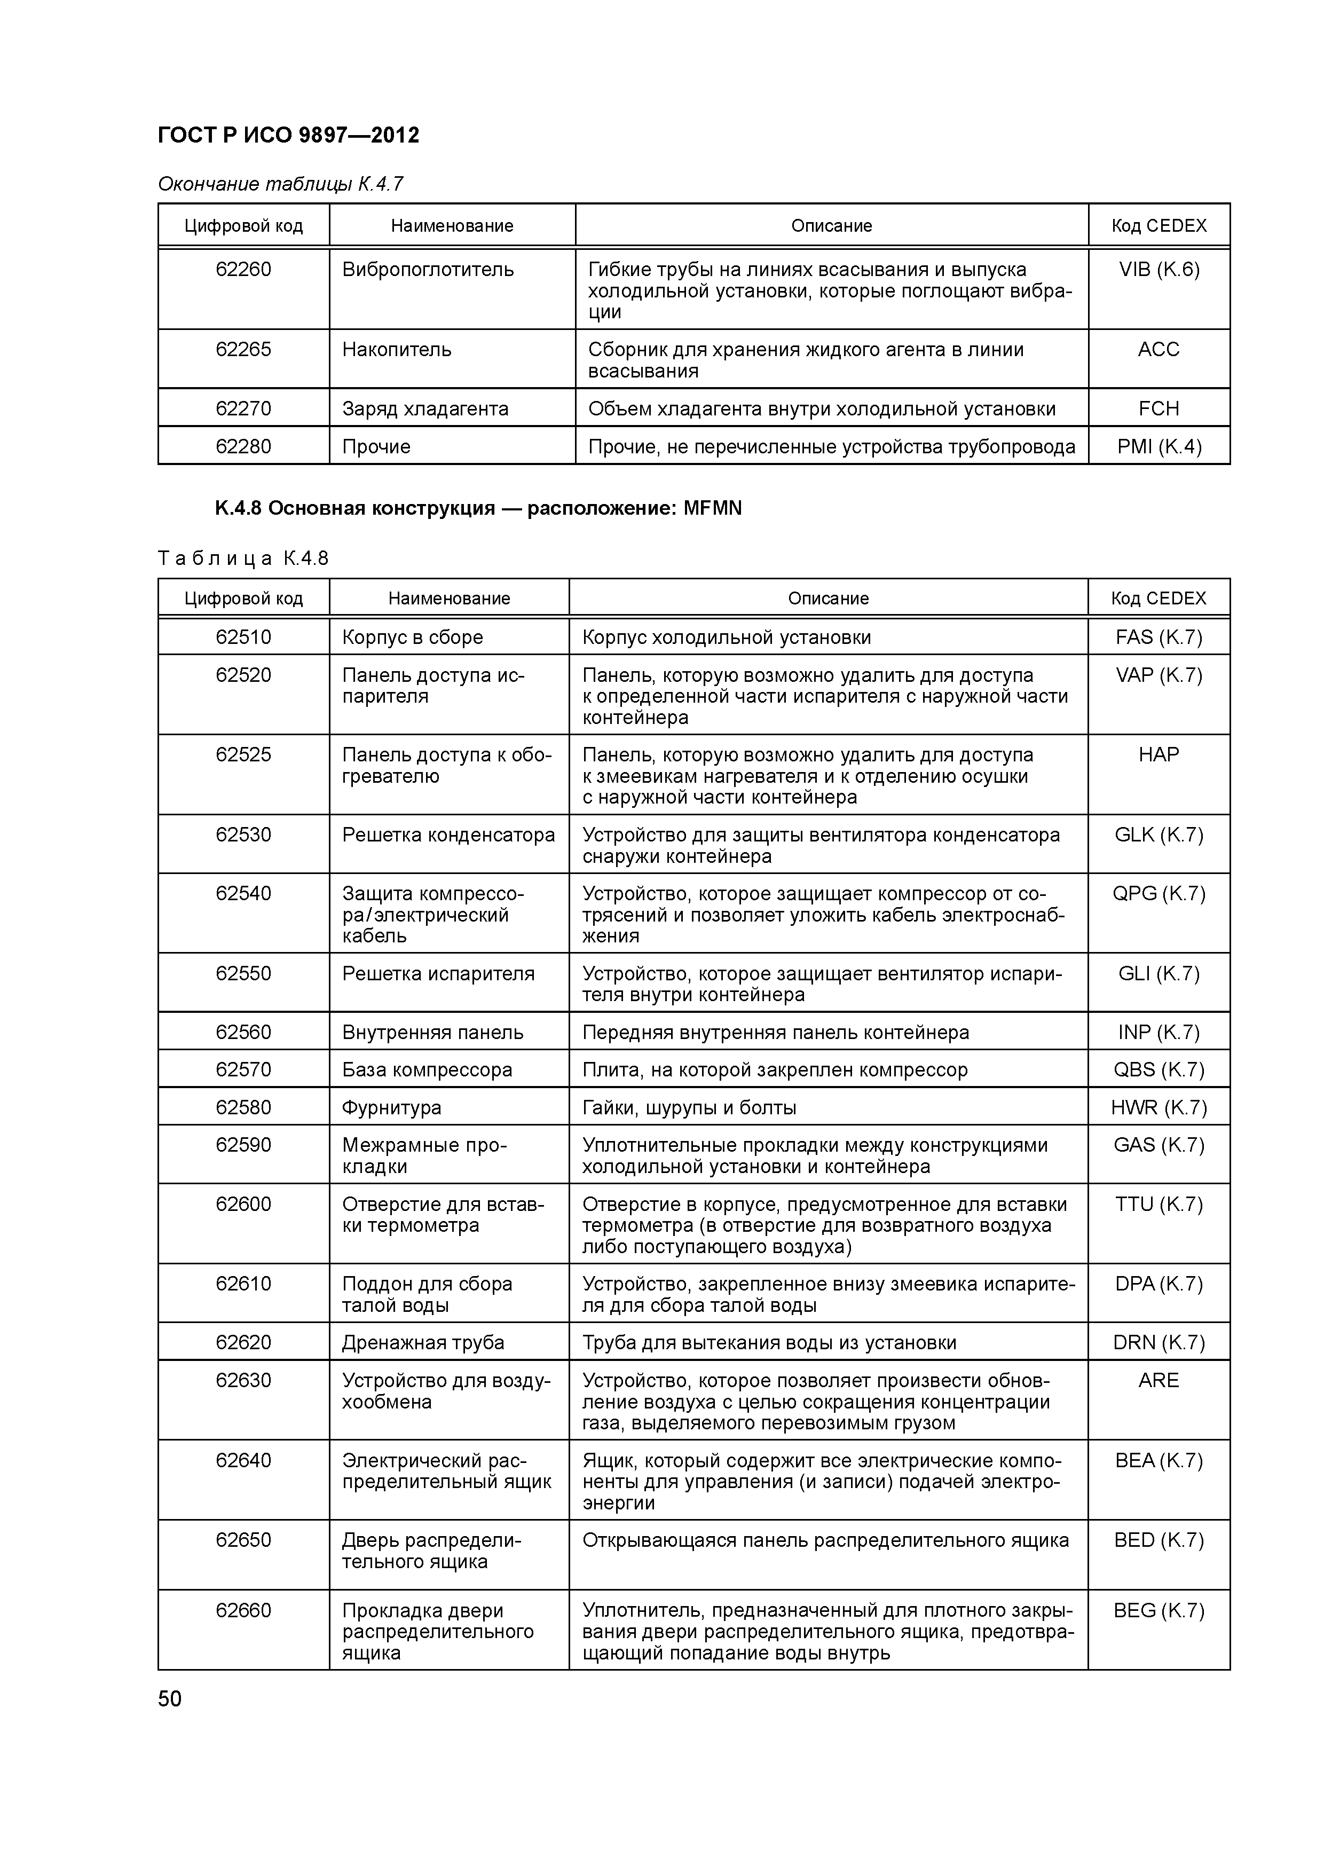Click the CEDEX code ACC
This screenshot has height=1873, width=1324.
[1158, 349]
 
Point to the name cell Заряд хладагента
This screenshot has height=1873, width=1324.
[425, 408]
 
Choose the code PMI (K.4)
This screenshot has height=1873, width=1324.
[1158, 446]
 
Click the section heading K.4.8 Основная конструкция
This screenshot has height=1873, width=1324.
[478, 508]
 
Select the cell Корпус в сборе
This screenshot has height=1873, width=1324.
[412, 637]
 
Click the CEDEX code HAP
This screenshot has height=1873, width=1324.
[1158, 754]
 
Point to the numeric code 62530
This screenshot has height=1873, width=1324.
[243, 835]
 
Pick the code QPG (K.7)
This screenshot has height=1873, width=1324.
[1158, 893]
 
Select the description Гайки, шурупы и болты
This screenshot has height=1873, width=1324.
[689, 1107]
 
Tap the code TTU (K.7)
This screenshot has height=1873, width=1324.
[1158, 1204]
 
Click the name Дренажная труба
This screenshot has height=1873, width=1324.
[423, 1342]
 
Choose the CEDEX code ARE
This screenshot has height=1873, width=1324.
[1158, 1380]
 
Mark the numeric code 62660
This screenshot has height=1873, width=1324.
[243, 1610]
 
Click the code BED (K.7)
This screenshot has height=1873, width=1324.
[1158, 1540]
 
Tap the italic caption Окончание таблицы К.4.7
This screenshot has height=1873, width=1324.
[280, 184]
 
